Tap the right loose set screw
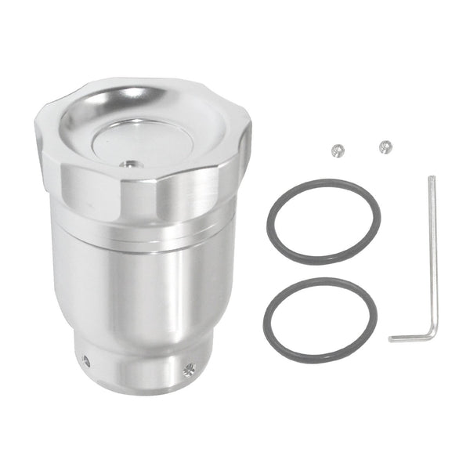pos(385,146)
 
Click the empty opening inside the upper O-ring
pos(323,222)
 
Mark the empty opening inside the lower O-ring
pos(320,320)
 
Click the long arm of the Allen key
pos(432,251)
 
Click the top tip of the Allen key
pos(431,179)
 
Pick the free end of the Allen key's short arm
pos(392,339)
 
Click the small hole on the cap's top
pos(128,164)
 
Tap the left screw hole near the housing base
pos(86,361)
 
